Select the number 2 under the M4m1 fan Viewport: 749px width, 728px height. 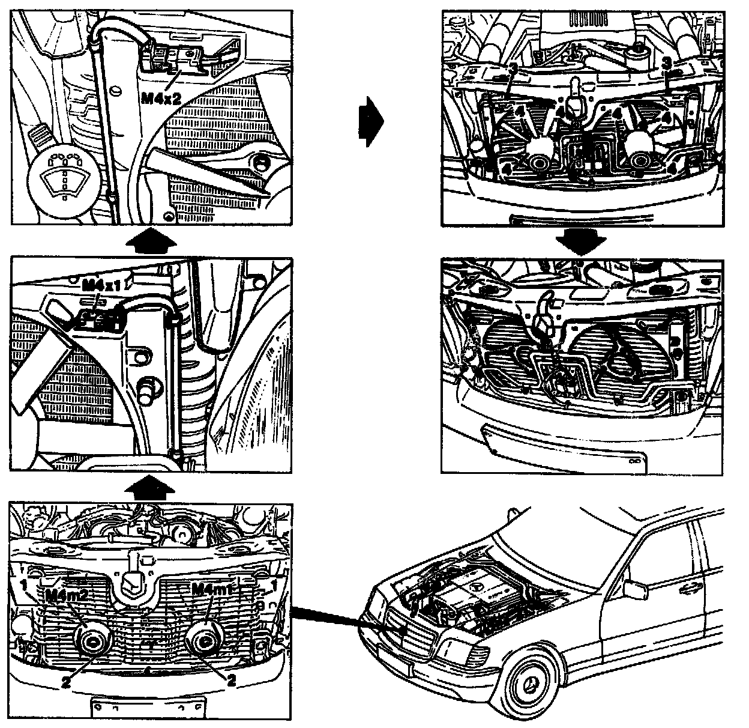tap(230, 679)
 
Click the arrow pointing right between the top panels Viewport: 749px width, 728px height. tap(370, 123)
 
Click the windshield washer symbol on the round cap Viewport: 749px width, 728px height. tap(62, 178)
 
